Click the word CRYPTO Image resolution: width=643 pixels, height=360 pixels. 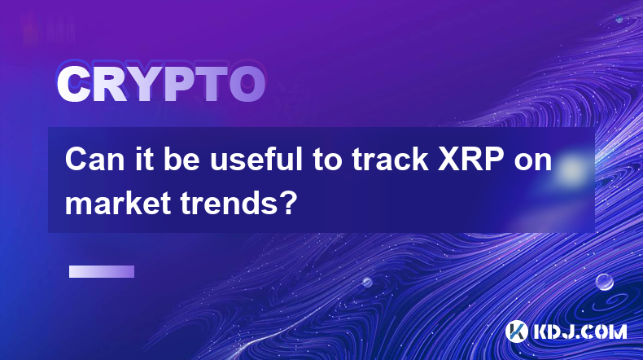tap(161, 85)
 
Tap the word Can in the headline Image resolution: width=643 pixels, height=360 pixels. tap(94, 160)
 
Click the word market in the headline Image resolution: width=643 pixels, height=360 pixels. tap(118, 202)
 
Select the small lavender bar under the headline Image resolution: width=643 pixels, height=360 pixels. tap(102, 272)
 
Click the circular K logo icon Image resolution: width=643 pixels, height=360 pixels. tap(517, 331)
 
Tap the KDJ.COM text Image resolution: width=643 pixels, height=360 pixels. tap(580, 331)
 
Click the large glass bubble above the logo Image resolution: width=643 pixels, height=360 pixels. tap(605, 282)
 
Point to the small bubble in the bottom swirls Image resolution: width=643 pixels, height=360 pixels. tap(366, 282)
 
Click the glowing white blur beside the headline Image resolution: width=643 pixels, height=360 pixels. tap(571, 169)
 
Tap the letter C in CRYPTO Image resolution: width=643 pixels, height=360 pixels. tap(73, 85)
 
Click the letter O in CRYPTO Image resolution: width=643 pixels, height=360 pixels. tap(247, 85)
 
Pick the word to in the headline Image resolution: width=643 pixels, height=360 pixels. tap(328, 160)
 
